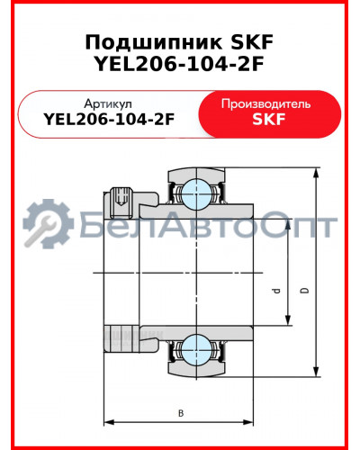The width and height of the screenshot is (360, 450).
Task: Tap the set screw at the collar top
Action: pos(121,199)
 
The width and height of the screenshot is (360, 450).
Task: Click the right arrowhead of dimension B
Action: pos(252,420)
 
